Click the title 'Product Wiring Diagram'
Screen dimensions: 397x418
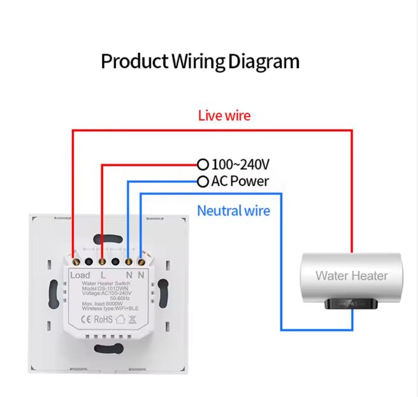click(x=200, y=62)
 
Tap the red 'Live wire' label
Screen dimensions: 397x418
click(x=224, y=115)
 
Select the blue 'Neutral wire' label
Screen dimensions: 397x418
click(x=233, y=210)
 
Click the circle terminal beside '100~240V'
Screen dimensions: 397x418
click(x=203, y=164)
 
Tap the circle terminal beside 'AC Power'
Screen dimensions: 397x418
click(x=203, y=182)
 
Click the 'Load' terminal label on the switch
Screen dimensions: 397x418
click(x=80, y=275)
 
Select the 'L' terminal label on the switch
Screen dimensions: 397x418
click(x=103, y=275)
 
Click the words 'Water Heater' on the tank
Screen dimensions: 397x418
click(x=351, y=276)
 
